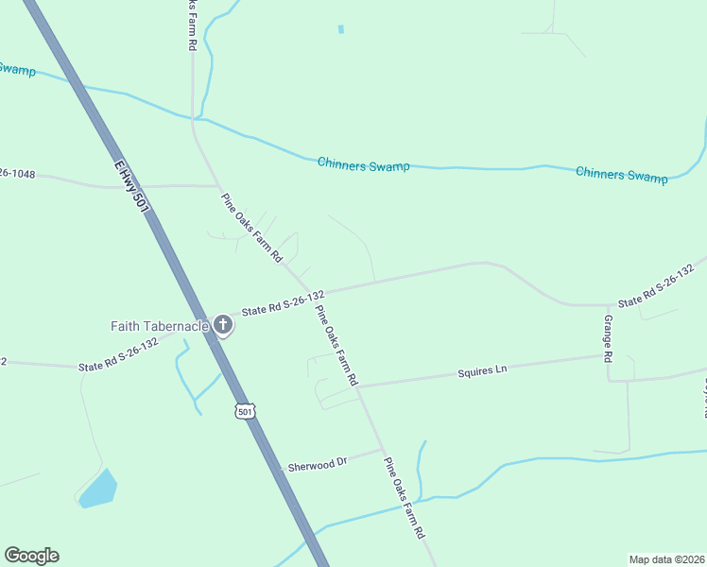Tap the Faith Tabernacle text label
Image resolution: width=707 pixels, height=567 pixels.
tap(159, 326)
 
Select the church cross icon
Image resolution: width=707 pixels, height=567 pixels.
tap(224, 326)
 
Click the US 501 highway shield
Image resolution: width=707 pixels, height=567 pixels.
tap(246, 411)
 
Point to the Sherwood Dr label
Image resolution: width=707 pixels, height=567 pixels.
tap(317, 462)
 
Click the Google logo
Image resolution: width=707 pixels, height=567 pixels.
tap(31, 556)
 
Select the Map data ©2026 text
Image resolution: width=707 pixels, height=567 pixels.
tap(666, 558)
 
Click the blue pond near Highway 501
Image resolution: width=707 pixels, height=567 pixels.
tap(97, 489)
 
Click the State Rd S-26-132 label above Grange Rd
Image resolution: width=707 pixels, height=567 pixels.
tap(662, 290)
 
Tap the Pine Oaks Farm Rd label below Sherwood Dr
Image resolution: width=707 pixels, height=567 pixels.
tap(404, 497)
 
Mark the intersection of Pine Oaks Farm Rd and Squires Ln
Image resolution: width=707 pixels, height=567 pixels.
tap(358, 387)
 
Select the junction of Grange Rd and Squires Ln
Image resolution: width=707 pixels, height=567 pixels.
tap(607, 355)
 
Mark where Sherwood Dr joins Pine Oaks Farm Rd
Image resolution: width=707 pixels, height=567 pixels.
tap(382, 448)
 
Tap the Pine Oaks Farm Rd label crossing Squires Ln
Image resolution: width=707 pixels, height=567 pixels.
tap(336, 345)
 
